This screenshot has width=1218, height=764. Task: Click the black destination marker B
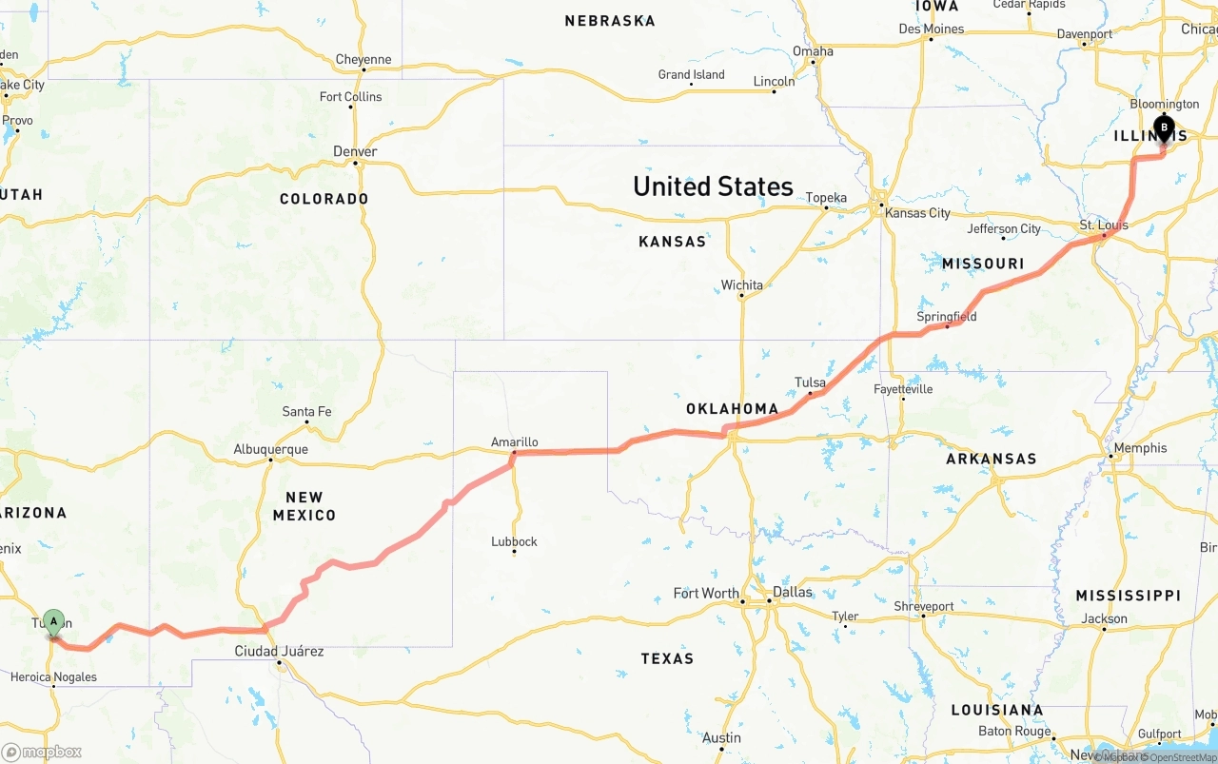coord(1164,128)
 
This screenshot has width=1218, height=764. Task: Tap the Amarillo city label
coord(514,441)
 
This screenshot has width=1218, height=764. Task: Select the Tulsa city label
coord(810,382)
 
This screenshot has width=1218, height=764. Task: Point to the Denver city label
coord(355,151)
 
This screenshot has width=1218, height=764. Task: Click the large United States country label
coord(713,186)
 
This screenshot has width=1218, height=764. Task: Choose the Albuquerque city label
coord(270,449)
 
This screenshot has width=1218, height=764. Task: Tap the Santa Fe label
coord(306,411)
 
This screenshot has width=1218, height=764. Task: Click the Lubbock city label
coord(514,541)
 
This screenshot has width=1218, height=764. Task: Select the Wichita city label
coord(741,284)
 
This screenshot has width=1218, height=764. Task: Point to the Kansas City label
coord(917,212)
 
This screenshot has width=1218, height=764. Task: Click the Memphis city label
coord(1140,447)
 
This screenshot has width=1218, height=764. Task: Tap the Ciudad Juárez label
coord(280,651)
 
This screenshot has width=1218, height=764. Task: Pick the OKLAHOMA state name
coord(732,409)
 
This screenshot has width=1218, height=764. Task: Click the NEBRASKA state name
coord(609,20)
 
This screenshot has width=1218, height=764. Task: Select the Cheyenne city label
coord(363,59)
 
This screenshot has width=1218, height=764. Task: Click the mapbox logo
coord(42,752)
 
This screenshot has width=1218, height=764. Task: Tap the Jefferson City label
coord(1004,228)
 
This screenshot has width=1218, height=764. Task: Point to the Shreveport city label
coord(923,606)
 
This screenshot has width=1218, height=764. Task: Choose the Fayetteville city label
coord(903,388)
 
